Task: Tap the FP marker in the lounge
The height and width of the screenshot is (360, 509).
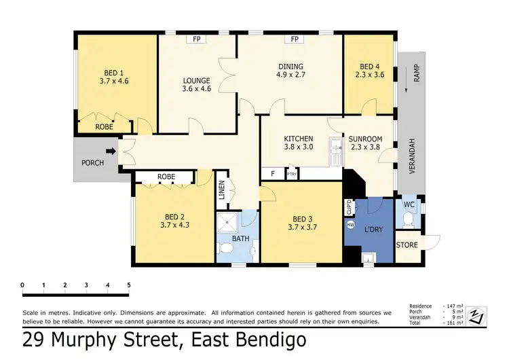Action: [197, 39]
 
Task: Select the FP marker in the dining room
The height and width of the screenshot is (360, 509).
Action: [295, 39]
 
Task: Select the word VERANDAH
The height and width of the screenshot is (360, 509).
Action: [411, 157]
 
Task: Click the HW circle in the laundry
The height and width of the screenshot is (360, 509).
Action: [350, 224]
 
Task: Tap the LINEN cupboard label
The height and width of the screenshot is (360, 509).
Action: [222, 191]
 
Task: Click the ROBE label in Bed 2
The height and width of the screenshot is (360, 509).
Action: [166, 177]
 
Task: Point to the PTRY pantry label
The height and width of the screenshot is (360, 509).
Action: [292, 175]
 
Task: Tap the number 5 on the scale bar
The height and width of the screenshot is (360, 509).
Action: [128, 285]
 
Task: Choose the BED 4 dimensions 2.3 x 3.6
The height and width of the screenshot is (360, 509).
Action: [369, 75]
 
